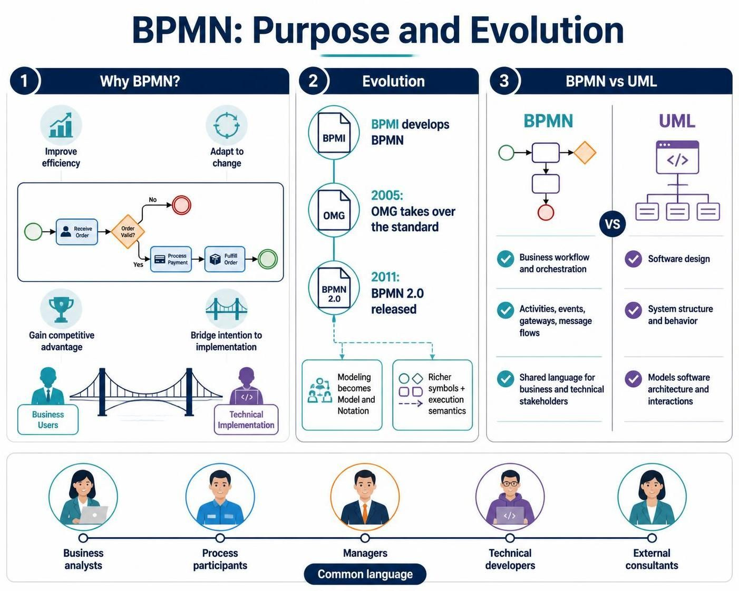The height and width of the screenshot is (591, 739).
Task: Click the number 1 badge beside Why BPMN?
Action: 24,81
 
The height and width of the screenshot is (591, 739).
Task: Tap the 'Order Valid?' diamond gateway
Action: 128,232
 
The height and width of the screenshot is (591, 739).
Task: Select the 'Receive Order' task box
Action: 77,232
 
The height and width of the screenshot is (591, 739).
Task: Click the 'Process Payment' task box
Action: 171,259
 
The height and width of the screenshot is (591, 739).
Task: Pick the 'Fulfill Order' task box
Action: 225,259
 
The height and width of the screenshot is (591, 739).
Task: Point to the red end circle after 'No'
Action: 181,205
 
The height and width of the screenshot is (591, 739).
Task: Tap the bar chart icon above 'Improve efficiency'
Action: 61,125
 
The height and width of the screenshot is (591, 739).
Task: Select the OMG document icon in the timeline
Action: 334,210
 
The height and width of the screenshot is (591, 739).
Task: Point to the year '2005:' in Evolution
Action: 387,195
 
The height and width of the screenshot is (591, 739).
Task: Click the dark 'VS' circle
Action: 612,224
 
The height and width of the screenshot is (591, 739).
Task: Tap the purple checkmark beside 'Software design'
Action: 633,259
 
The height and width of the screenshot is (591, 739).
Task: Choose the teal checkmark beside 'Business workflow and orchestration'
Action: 505,259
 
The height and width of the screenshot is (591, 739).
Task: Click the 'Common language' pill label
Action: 365,574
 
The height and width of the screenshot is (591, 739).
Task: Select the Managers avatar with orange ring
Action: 365,497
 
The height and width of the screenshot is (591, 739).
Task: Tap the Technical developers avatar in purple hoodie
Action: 510,497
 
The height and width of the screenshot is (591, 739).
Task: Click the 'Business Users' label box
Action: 48,419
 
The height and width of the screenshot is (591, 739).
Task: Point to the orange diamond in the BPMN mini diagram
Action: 585,152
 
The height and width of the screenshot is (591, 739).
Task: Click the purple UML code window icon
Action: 677,157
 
